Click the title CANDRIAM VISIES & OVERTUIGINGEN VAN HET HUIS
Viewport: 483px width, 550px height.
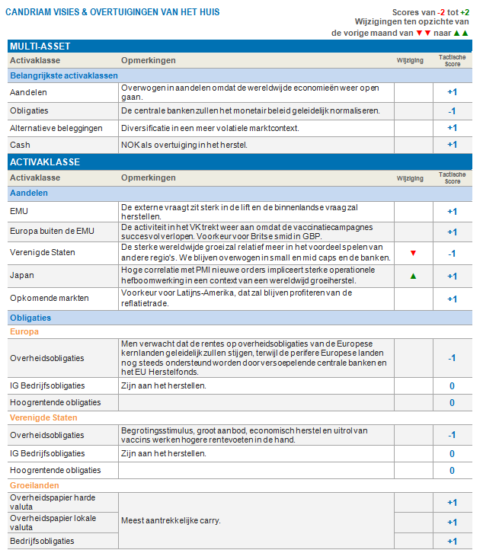point(113,12)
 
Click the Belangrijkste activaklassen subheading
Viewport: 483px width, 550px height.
point(64,75)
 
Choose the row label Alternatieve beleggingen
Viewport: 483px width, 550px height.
point(56,127)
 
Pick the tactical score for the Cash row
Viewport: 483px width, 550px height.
point(452,145)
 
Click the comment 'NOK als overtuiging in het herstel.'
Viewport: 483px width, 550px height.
point(185,145)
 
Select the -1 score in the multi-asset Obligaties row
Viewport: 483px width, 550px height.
point(452,110)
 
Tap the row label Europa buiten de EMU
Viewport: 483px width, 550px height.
point(52,232)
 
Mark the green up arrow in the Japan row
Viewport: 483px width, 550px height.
point(413,276)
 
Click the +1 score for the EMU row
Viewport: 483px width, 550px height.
point(452,212)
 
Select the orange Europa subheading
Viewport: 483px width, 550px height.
point(24,331)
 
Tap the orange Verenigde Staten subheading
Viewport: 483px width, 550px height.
point(43,417)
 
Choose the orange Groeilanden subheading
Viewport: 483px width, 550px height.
point(34,485)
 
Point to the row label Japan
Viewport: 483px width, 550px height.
point(22,276)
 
